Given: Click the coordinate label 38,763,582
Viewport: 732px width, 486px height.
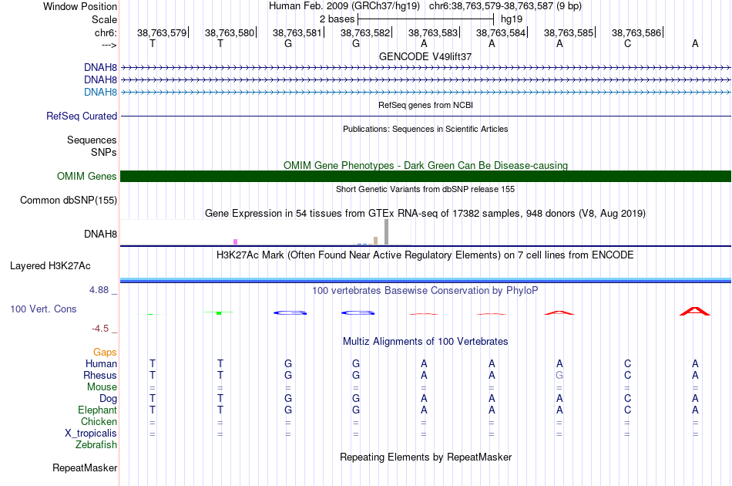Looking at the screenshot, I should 365,33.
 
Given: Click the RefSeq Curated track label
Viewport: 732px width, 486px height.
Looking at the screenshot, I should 82,116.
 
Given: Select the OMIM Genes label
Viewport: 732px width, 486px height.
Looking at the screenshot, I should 87,177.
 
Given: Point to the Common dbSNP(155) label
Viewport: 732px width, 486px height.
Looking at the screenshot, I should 69,201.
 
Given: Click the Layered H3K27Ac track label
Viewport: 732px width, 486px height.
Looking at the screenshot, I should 50,266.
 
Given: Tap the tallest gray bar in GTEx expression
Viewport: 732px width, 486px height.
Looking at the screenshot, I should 386,231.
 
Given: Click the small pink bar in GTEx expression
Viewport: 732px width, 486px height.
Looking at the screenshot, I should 235,241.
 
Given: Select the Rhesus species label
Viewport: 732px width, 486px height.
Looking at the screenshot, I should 100,376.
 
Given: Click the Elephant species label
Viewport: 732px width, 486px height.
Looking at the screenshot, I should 98,410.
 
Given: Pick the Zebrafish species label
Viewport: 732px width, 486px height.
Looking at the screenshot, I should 96,445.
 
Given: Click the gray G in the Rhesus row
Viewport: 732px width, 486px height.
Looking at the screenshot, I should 559,376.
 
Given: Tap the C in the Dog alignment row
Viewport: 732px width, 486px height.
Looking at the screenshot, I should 627,399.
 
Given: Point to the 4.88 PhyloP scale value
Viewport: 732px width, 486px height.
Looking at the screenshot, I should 103,291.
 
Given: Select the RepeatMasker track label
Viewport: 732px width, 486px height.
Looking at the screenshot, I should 85,468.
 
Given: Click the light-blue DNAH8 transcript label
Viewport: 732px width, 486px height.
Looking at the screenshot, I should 100,93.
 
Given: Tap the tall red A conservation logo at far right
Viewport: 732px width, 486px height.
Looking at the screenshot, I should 694,311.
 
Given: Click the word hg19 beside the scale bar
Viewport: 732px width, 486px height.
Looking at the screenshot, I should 512,18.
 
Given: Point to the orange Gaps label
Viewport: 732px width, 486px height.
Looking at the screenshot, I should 105,353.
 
